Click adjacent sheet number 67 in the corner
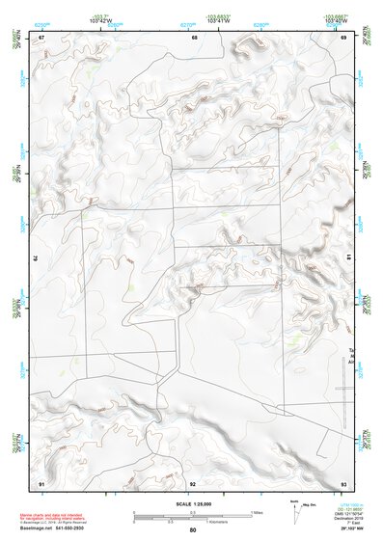[41, 37]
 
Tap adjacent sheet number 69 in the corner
[342, 37]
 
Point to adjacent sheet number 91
[41, 482]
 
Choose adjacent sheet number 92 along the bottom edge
[193, 482]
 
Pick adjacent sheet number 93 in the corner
[342, 482]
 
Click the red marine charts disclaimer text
[59, 516]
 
